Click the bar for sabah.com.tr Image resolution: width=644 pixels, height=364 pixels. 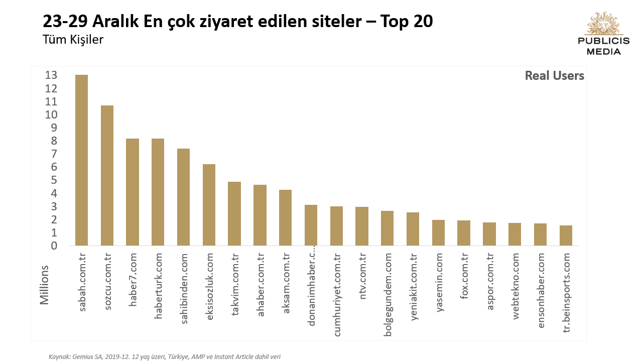(x=81, y=160)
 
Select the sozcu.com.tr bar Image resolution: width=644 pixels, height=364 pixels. (x=107, y=176)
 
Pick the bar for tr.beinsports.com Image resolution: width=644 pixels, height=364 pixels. (x=566, y=235)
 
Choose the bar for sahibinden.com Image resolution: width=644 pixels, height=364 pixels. (x=183, y=197)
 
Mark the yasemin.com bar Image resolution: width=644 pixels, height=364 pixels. (x=438, y=232)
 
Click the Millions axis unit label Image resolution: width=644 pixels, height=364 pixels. (x=45, y=285)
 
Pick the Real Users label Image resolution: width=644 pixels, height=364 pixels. (x=554, y=76)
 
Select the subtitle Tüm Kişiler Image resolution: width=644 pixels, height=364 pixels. (x=73, y=40)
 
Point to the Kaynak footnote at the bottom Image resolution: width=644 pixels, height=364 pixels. (x=165, y=356)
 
